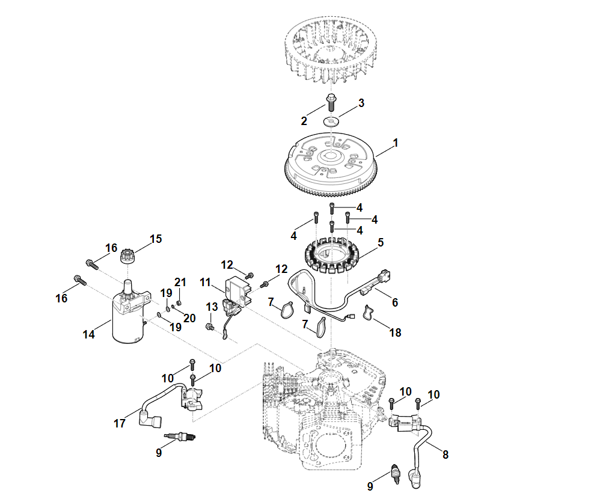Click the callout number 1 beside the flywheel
(395, 144)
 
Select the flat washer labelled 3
(331, 121)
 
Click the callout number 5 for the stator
(380, 243)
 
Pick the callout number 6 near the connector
(394, 302)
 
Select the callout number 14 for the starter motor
(89, 334)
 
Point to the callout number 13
(212, 307)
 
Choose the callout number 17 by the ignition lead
(120, 423)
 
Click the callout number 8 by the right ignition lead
(445, 455)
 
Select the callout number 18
(394, 332)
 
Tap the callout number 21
(180, 282)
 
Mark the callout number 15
(155, 239)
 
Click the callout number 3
(361, 103)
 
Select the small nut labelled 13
(210, 326)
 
